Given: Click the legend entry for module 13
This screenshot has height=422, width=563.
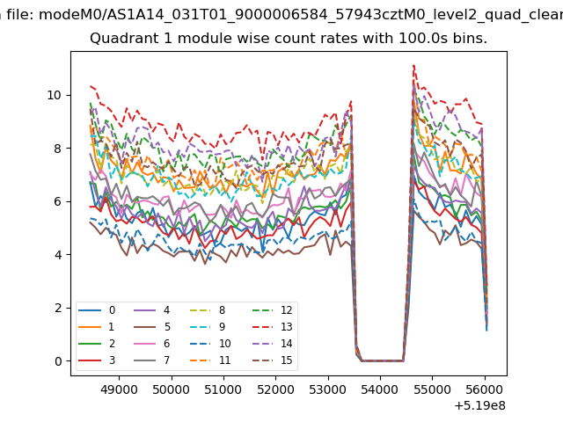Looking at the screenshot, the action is (x=273, y=326).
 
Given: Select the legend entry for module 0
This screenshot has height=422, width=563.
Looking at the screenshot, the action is (x=97, y=310).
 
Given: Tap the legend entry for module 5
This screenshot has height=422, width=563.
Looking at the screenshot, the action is (x=152, y=326).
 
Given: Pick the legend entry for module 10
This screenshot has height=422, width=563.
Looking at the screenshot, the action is (x=211, y=344).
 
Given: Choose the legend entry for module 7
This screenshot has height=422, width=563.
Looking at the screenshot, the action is (x=152, y=360).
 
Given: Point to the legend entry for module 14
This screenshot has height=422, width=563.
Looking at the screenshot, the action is (x=273, y=344).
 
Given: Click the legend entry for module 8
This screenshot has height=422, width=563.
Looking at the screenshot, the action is (x=208, y=310).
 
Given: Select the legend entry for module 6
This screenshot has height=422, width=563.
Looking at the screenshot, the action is (x=152, y=344).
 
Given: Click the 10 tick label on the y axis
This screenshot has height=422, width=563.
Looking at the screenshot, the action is (x=55, y=95).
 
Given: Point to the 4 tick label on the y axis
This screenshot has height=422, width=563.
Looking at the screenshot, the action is (x=58, y=255).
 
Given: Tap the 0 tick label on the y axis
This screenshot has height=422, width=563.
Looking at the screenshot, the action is (x=58, y=361).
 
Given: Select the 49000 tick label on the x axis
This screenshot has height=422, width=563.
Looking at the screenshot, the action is (x=119, y=389).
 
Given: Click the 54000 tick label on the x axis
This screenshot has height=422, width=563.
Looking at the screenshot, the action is (x=380, y=389).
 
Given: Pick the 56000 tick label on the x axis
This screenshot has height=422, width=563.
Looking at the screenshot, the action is (x=485, y=389).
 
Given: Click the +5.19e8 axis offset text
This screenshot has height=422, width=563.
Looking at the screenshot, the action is (x=479, y=405).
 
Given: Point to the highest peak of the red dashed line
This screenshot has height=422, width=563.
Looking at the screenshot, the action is (x=414, y=65).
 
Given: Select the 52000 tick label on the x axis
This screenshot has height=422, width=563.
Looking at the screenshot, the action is (x=275, y=389).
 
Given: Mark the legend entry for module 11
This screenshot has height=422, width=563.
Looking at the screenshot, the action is (x=211, y=360).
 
